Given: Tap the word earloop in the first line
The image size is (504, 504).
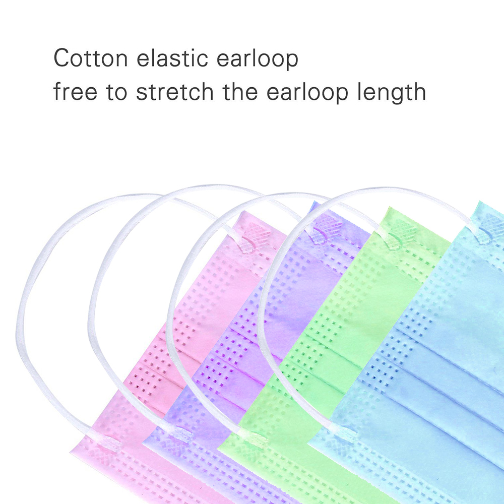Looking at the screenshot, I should tap(257, 59).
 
